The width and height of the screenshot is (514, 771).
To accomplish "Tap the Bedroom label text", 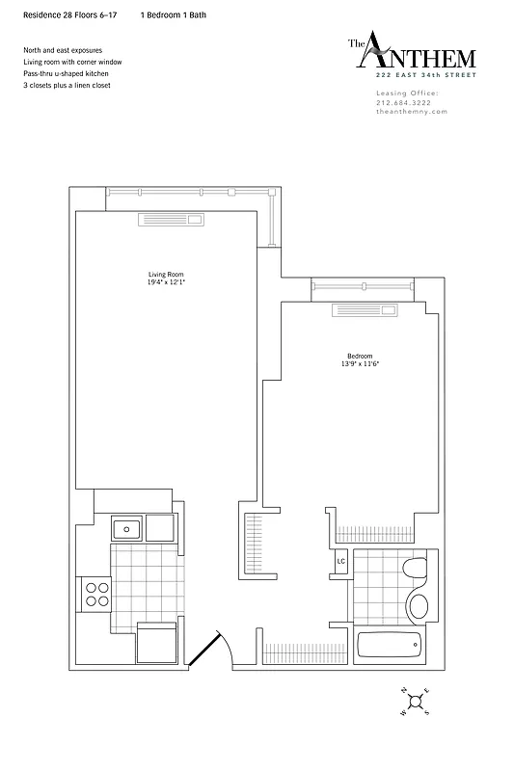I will pos(360,356).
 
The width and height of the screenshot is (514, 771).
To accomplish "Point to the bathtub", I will pos(390,644).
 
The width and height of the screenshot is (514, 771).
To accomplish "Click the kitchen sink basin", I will pos(127,527).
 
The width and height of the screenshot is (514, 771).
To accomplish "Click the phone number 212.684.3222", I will pos(406,102).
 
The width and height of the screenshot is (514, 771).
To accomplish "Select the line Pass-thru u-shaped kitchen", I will pos(66,73).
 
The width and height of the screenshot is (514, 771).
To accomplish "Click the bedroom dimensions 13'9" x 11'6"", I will pos(360,365).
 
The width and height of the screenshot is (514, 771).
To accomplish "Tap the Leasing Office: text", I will pos(406,93).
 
